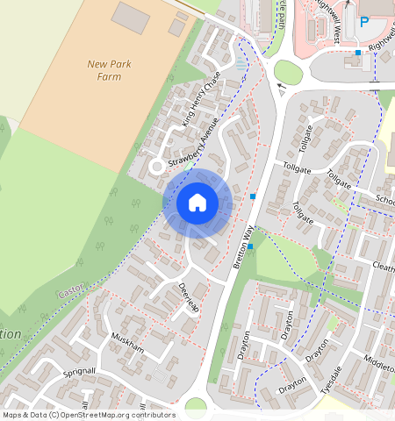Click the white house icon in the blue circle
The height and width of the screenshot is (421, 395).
[197, 203]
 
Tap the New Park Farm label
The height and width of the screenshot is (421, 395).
[110, 69]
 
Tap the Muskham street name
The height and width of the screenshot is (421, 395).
[128, 343]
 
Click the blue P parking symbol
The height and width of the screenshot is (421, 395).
[364, 22]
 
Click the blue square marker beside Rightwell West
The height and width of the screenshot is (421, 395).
[358, 54]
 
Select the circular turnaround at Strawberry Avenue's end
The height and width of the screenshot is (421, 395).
[156, 165]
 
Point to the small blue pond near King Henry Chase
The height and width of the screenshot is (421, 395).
[242, 65]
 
